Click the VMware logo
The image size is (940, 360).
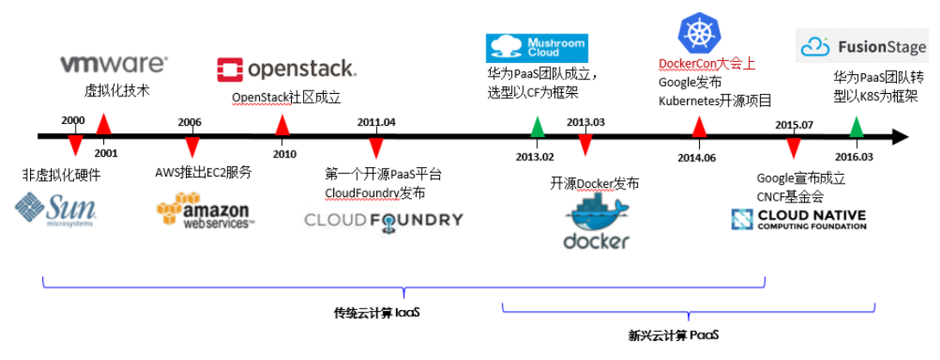[114, 64]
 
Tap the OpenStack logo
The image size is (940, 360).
[286, 69]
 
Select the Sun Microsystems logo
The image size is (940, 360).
[55, 209]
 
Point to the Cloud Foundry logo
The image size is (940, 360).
[383, 220]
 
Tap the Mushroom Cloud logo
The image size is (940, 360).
[535, 47]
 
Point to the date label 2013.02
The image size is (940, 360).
[535, 157]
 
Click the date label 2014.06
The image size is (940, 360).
[696, 157]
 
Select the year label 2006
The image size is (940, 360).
[189, 122]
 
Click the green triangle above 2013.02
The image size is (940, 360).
[537, 127]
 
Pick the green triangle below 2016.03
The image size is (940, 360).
[856, 127]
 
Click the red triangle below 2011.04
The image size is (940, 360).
[376, 146]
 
